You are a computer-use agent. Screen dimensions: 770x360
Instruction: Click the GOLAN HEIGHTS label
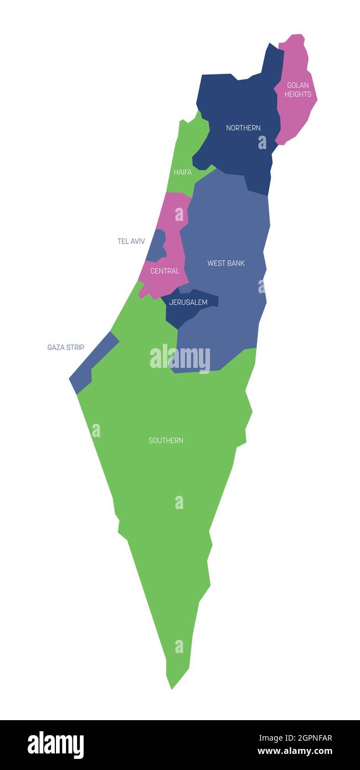coord(297,90)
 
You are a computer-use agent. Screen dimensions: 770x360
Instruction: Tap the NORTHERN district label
coord(243,128)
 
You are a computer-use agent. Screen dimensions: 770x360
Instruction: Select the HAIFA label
coord(183,172)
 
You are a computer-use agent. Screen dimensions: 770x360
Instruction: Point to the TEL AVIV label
coord(131,242)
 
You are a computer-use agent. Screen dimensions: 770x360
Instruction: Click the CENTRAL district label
coord(165,271)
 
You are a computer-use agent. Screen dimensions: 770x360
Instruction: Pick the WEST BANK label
coord(226,263)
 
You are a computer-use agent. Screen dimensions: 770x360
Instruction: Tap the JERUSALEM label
coord(188,302)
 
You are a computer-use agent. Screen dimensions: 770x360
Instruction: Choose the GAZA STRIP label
coord(66,348)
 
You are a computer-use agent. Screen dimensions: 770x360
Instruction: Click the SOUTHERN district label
coord(166,441)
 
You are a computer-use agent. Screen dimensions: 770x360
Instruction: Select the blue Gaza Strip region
coord(91,363)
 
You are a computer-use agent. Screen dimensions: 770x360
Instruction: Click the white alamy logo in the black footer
coord(55,745)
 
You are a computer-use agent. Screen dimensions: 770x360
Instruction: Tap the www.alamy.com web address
coord(295,752)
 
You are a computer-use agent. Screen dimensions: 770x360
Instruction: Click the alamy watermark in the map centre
coord(180,358)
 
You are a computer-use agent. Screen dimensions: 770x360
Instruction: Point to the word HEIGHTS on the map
coord(298,94)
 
